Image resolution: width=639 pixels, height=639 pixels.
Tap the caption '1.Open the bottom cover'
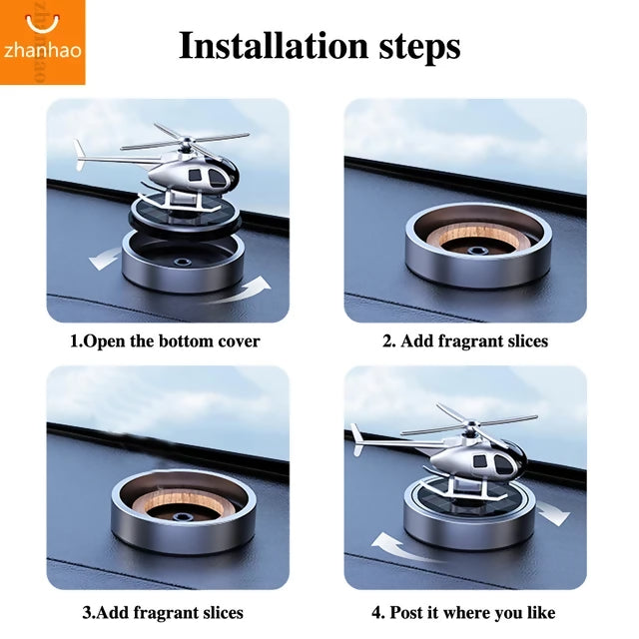(165, 341)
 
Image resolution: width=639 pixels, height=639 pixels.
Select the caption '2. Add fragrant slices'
(465, 341)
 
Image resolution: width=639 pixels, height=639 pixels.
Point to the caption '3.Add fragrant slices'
(163, 612)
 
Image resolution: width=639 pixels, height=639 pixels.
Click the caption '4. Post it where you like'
(464, 612)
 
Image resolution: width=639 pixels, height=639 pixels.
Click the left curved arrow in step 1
(102, 259)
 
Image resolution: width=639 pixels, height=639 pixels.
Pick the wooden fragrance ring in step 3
(183, 501)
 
